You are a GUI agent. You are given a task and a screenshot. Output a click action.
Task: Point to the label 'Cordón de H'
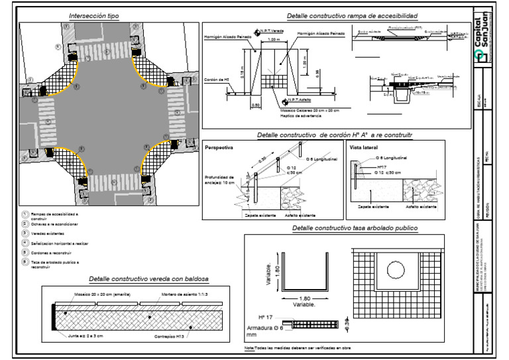(217, 80)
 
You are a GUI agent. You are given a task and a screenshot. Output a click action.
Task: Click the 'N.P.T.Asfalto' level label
(300, 101)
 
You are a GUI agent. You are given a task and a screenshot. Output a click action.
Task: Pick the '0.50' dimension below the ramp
(255, 104)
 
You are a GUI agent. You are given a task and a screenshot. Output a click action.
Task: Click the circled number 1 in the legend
(26, 214)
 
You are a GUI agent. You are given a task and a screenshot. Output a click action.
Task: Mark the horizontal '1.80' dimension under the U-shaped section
(304, 300)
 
